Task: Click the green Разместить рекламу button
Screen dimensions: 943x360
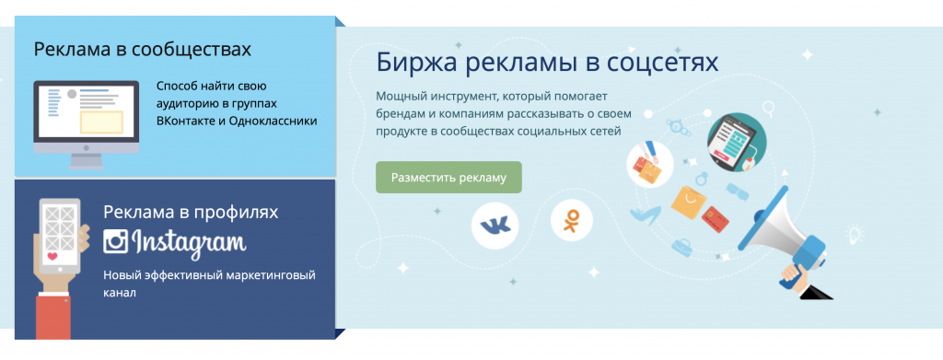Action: point(448,178)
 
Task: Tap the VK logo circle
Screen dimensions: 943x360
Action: point(495,226)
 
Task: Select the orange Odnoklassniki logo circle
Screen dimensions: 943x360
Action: point(571,221)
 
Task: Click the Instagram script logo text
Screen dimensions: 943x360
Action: point(189,241)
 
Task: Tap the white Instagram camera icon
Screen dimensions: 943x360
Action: point(115,240)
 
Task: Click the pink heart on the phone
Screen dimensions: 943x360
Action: point(52,255)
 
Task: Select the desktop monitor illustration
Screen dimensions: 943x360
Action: point(86,124)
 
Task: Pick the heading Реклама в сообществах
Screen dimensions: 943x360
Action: point(143,49)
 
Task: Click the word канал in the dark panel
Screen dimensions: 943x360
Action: point(120,294)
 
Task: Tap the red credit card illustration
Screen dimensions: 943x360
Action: point(716,219)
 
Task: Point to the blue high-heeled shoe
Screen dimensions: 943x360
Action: point(645,215)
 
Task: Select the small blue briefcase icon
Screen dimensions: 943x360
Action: point(682,246)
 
